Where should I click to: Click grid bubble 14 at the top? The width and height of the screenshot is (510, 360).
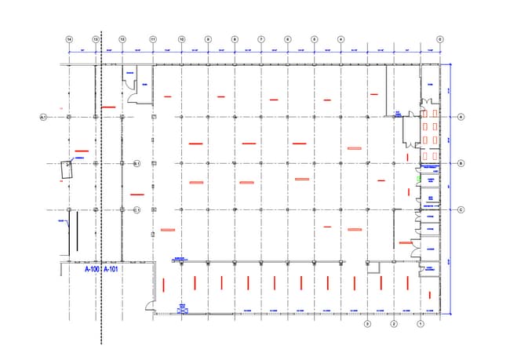tap(70, 38)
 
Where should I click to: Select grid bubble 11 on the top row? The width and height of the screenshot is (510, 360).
tap(153, 38)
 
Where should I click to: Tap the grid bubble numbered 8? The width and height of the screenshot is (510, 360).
tap(235, 38)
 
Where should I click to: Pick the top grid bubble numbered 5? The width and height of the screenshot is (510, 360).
tap(314, 38)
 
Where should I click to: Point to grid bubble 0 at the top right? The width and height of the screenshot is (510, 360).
tap(439, 38)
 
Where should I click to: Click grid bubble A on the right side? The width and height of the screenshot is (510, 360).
tap(461, 117)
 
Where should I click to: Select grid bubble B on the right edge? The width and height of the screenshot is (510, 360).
tap(461, 163)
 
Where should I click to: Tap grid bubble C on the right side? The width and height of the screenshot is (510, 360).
tap(461, 209)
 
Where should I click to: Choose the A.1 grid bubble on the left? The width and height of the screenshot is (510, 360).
tap(44, 117)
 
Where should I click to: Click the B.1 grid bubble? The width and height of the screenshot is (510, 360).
tap(136, 163)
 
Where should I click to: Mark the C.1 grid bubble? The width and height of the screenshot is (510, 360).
tap(136, 209)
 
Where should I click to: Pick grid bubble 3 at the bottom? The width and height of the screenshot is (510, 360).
tap(366, 323)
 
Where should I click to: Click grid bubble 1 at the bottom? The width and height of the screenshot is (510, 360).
tap(421, 323)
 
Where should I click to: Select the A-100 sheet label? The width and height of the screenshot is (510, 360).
tap(92, 268)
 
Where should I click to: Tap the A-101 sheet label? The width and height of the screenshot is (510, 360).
tap(111, 268)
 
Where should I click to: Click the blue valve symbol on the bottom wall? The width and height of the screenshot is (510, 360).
tap(183, 310)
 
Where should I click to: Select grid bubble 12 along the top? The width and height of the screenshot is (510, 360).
tap(122, 38)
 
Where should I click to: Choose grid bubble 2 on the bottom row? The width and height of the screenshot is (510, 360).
tap(394, 323)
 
